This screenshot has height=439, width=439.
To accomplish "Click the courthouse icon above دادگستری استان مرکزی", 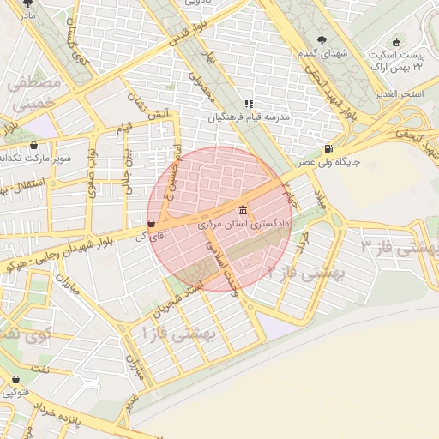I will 244,211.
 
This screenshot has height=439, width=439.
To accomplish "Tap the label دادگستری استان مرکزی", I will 244,224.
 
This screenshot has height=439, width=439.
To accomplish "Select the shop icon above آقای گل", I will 152,223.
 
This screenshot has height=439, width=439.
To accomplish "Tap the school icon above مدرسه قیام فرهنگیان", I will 249,104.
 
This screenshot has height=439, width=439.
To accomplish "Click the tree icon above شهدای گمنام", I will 322,40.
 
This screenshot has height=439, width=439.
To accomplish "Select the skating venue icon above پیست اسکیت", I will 395,42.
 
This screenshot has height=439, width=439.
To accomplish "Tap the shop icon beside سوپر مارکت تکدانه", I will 34,145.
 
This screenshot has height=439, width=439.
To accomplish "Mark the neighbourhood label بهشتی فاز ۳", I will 400,250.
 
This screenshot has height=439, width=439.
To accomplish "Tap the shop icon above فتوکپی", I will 15,380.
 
